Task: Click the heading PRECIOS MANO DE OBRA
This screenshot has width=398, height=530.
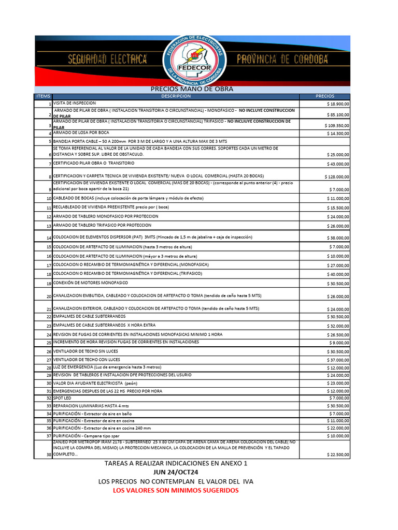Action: (192, 89)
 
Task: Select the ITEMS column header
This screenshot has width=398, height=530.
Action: (44, 96)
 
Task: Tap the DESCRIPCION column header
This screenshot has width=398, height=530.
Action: (176, 96)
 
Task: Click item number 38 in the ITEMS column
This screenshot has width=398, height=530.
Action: (49, 454)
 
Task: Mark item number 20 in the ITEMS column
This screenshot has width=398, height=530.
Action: (49, 297)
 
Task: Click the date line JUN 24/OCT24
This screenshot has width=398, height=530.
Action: (176, 473)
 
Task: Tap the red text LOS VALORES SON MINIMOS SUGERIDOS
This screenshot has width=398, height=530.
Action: (176, 490)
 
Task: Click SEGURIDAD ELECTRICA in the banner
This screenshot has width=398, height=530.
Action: (107, 60)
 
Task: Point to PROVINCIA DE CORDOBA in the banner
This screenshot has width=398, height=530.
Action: (282, 60)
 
